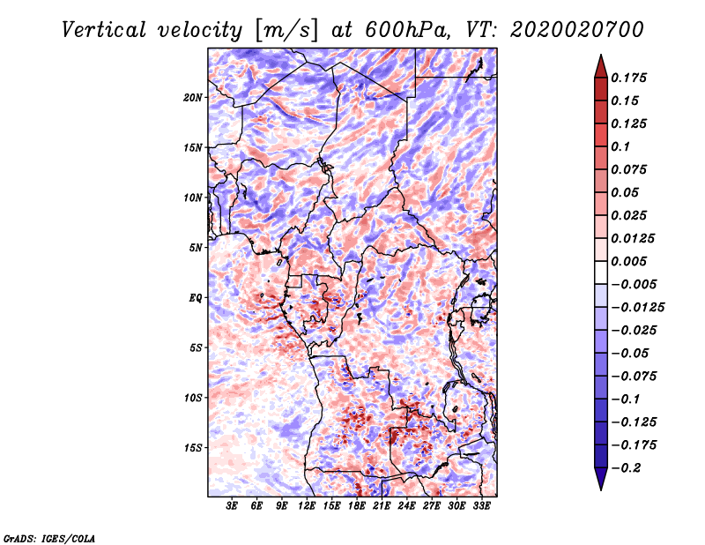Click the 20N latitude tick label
click(x=193, y=97)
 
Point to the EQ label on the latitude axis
click(x=196, y=298)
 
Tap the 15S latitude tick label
click(x=193, y=448)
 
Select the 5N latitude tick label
click(x=196, y=248)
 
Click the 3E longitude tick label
click(x=233, y=507)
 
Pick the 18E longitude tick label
click(x=357, y=507)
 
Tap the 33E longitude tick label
click(x=481, y=507)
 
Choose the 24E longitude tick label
click(x=407, y=507)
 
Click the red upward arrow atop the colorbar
click(x=600, y=65)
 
